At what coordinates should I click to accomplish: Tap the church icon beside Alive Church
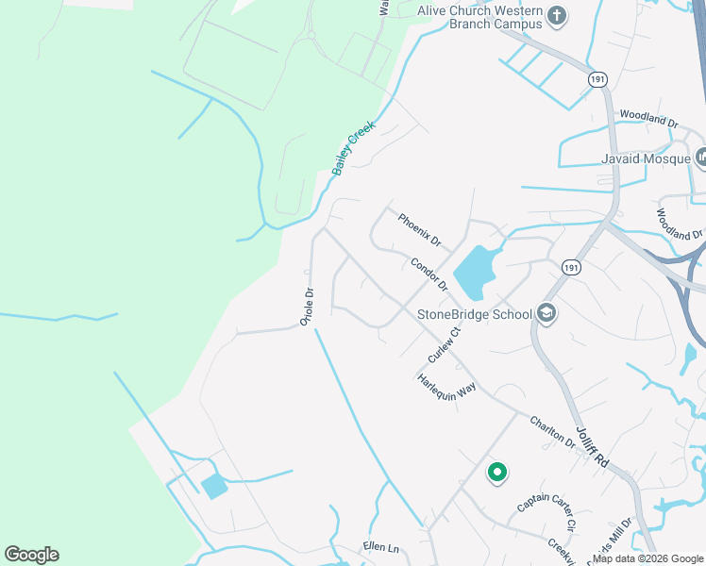tap(557, 15)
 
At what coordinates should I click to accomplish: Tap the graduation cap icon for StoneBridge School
tap(546, 312)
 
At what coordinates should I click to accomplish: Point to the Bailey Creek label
tap(354, 148)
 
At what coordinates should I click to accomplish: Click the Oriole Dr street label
tap(306, 308)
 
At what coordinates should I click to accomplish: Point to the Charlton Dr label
tap(552, 431)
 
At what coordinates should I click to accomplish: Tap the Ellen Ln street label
tap(381, 547)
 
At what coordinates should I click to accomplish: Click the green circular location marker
tap(496, 472)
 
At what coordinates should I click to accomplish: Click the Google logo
tap(31, 555)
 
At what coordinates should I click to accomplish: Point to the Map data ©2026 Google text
tap(648, 558)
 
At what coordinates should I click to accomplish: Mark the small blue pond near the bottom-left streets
tap(214, 487)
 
